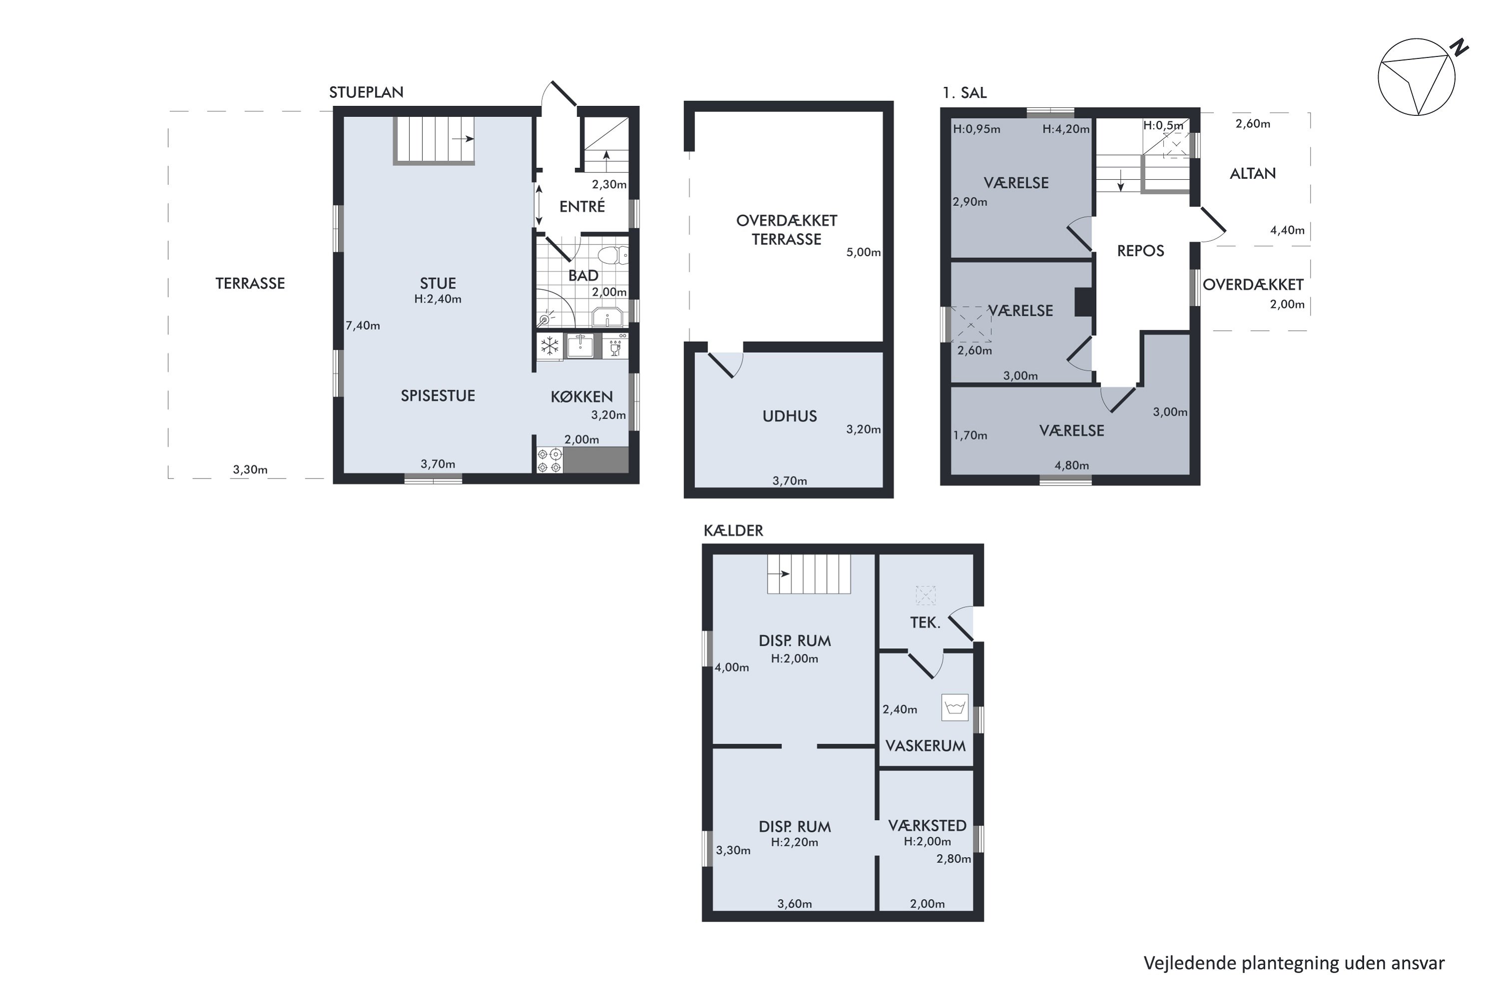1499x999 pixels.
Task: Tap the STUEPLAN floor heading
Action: point(366,92)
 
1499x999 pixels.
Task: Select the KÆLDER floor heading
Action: point(733,530)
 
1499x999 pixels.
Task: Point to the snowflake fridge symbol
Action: point(549,346)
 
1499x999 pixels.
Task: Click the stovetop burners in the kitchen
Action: point(549,461)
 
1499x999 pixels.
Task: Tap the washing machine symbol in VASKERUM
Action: point(955,707)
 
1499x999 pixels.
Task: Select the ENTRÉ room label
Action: point(582,206)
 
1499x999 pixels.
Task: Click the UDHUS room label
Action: point(789,416)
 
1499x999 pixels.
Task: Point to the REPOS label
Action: point(1140,251)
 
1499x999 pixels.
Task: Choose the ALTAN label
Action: point(1252,173)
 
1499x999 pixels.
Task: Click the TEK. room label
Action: point(925,622)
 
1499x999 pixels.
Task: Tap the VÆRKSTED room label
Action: point(927,826)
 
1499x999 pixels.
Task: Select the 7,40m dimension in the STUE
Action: point(363,326)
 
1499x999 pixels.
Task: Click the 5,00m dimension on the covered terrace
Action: point(863,252)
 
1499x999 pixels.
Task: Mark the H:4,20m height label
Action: point(1066,129)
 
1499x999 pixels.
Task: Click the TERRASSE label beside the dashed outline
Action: point(250,284)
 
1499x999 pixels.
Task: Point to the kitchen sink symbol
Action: point(580,346)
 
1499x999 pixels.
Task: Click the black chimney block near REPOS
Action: point(1084,303)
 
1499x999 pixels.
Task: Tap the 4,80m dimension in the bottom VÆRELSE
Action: point(1071,466)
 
